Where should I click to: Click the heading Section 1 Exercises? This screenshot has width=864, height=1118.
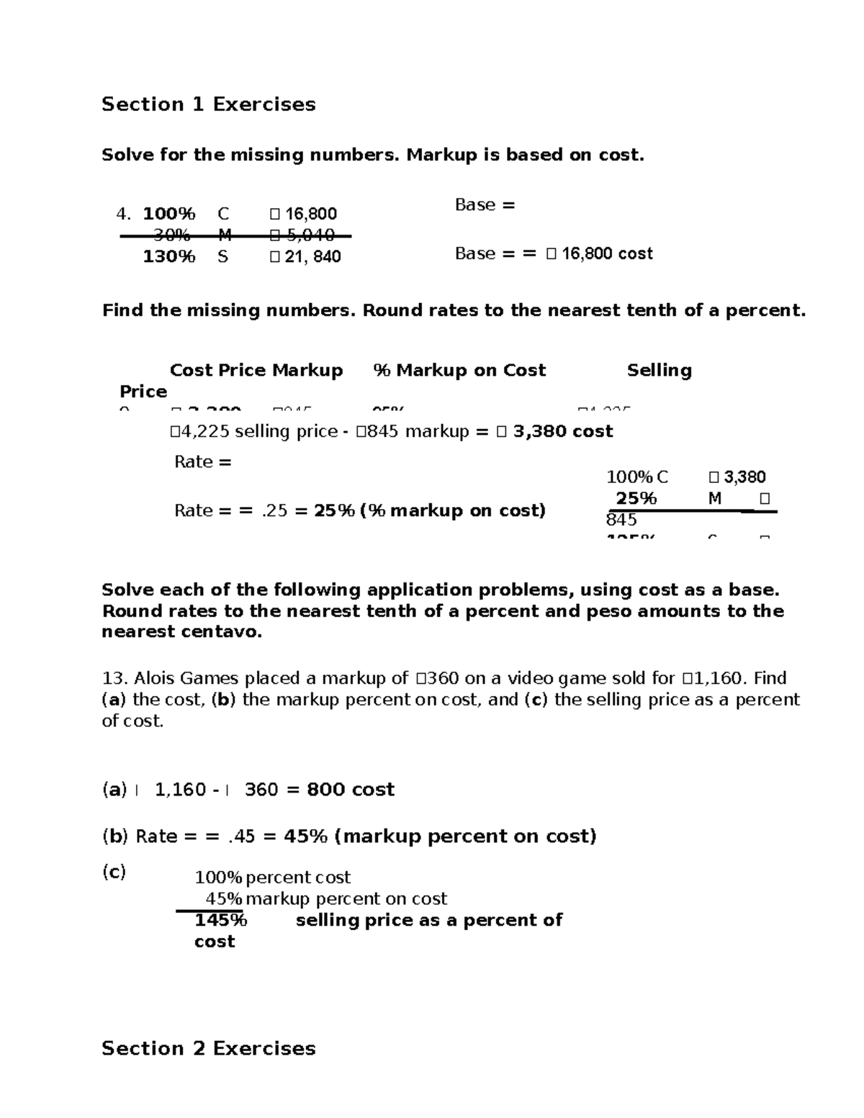208,105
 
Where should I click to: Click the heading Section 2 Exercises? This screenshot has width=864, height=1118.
208,1049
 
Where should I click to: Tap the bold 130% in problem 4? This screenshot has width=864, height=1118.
168,257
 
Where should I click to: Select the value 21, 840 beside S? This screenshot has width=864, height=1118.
312,257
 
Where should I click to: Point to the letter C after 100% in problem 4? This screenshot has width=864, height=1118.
223,215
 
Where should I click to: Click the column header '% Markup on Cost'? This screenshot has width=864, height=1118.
459,371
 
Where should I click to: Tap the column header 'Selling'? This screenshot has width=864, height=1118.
659,371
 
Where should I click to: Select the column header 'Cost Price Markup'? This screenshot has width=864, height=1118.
256,371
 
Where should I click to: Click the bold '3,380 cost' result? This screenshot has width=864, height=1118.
562,432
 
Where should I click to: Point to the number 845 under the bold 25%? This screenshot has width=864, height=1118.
621,520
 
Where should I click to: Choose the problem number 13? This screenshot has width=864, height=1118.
114,679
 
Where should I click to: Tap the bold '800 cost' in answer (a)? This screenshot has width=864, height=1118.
351,790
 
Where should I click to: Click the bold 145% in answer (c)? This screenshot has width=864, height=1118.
220,921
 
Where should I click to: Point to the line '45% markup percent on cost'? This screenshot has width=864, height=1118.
326,899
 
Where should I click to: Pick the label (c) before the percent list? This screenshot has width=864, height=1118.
114,873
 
